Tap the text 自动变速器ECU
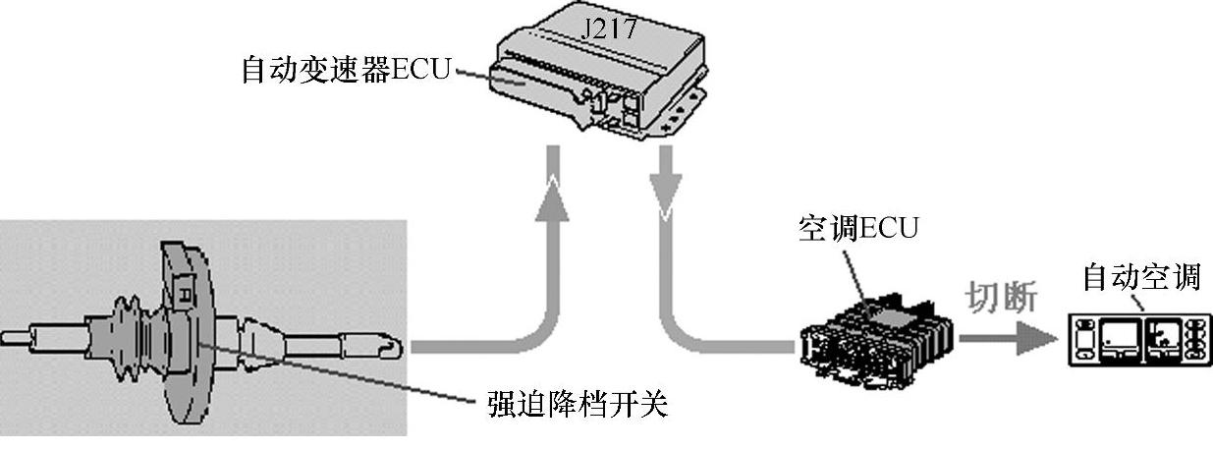[346, 72]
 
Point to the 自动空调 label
[1140, 278]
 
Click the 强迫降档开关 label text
[578, 404]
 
